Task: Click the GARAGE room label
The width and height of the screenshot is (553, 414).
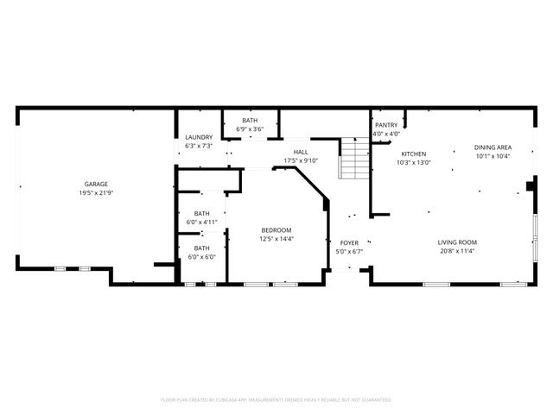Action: pyautogui.click(x=96, y=184)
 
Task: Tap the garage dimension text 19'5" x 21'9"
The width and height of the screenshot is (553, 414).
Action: pyautogui.click(x=96, y=192)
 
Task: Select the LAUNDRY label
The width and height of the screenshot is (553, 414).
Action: pyautogui.click(x=200, y=137)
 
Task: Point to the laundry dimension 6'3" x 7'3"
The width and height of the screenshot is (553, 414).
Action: pyautogui.click(x=200, y=146)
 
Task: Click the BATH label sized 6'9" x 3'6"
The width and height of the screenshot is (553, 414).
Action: pyautogui.click(x=250, y=121)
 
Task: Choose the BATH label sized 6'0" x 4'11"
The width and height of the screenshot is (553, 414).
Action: pyautogui.click(x=201, y=214)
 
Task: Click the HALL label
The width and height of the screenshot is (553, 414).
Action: pyautogui.click(x=301, y=152)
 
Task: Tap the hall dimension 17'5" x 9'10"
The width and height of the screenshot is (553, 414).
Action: pyautogui.click(x=301, y=160)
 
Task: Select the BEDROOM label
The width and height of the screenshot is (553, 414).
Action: pyautogui.click(x=276, y=229)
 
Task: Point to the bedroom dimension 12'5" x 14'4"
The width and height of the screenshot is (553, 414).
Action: pyautogui.click(x=276, y=238)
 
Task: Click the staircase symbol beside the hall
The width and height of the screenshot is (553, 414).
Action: pyautogui.click(x=353, y=159)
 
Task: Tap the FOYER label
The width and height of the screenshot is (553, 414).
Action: pyautogui.click(x=349, y=243)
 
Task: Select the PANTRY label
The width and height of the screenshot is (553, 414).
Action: pyautogui.click(x=386, y=125)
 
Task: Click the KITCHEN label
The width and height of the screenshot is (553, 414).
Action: pyautogui.click(x=413, y=154)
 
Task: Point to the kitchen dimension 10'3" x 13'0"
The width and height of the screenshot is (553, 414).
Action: pyautogui.click(x=413, y=162)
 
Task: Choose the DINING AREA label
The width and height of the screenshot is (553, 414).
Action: pyautogui.click(x=492, y=147)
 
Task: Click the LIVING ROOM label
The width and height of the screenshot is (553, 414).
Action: pyautogui.click(x=457, y=242)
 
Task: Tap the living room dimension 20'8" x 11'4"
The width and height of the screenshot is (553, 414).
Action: pyautogui.click(x=457, y=251)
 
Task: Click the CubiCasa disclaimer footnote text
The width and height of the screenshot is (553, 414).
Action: pyautogui.click(x=276, y=399)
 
